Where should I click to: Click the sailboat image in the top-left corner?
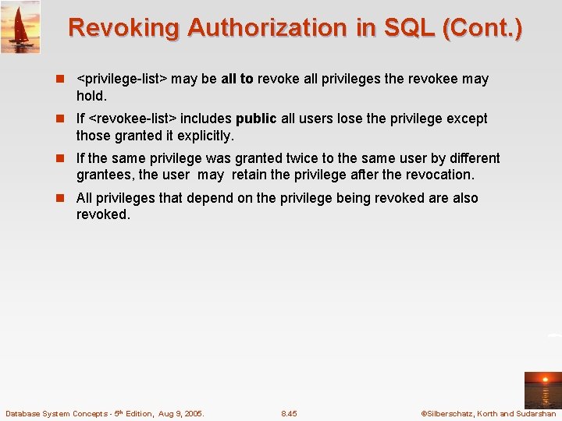(x=20, y=27)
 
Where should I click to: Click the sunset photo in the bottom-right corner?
(x=542, y=390)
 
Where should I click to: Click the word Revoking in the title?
(x=123, y=28)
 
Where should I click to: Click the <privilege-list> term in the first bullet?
(x=122, y=79)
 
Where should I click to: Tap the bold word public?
(x=256, y=119)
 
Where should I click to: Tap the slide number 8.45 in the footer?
(x=289, y=413)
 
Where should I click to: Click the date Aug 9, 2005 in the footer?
(x=181, y=413)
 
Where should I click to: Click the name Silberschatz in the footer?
(x=452, y=413)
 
